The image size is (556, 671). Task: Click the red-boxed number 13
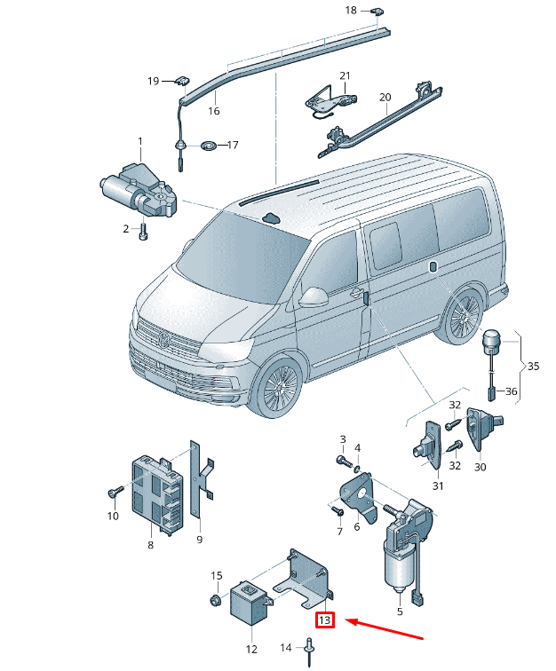coord(325,620)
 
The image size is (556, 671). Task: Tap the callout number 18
coord(351,11)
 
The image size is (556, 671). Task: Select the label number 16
coord(213,111)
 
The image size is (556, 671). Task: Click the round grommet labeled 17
coord(208,145)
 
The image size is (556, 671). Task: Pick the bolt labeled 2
coord(143,231)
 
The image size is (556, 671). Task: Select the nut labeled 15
coord(216,601)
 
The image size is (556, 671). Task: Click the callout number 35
coord(533,365)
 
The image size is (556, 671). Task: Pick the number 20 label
coord(385,97)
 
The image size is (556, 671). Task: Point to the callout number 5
coord(399,611)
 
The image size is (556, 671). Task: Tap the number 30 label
coord(480,467)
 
